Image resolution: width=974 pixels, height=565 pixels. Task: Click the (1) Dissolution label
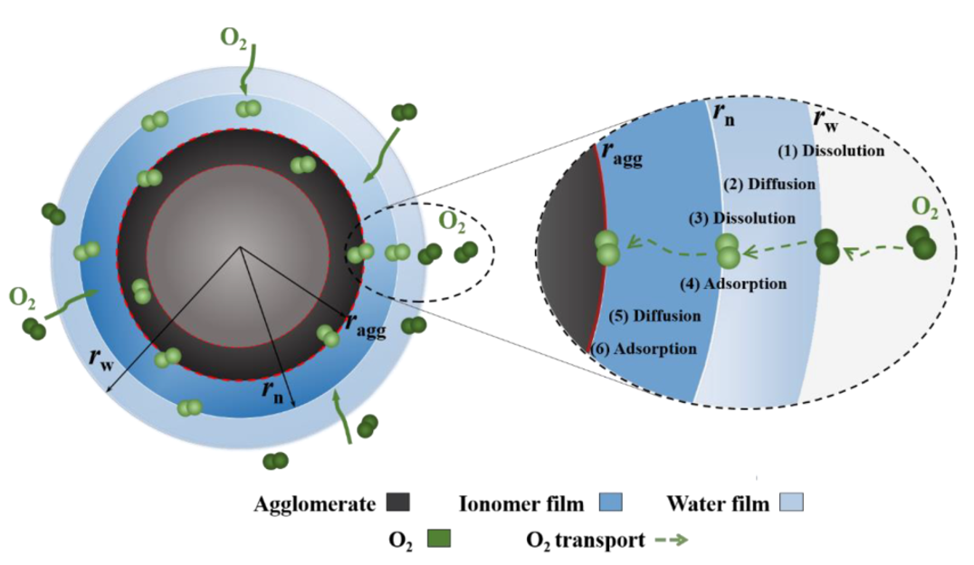coord(832,151)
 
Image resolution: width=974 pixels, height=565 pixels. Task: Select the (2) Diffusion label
coord(769,185)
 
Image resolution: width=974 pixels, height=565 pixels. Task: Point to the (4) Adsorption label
coord(734,284)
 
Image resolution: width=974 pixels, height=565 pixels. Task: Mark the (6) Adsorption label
coord(644,349)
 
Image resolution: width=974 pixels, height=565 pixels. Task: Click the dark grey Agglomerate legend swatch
coord(397,502)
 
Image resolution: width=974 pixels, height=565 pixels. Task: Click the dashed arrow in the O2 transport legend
coord(672,541)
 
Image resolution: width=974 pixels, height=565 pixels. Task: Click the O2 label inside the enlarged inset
coord(924,207)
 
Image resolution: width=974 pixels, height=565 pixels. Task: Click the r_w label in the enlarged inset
coord(825,119)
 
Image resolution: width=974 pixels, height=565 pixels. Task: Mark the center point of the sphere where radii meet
coord(240,247)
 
